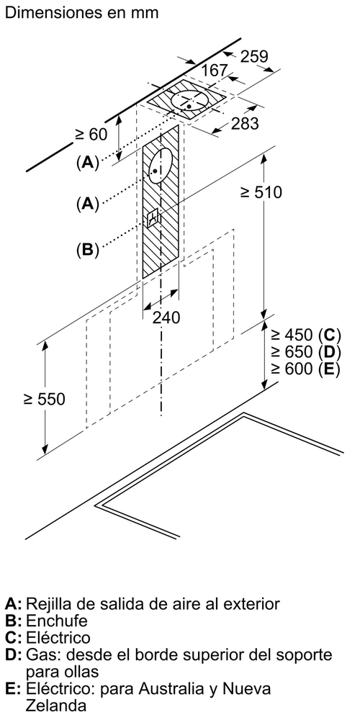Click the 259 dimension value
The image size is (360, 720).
coord(254,56)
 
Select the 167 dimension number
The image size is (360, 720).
coord(215,71)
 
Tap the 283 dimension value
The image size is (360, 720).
coord(246,123)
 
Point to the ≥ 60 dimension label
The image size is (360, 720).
coord(91,135)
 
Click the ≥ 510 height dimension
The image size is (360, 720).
coord(261,192)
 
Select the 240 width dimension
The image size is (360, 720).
coord(166,318)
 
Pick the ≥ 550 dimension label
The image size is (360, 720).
coord(44,399)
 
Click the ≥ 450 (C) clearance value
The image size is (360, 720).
coord(305,335)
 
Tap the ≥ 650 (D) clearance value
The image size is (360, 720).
coord(305,352)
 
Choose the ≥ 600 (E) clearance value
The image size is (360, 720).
coord(305,369)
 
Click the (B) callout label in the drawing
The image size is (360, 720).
coord(87,249)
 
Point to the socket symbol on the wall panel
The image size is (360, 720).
coord(153,217)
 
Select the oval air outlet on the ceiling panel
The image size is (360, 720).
coord(190,101)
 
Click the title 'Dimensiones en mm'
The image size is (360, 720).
coord(81,12)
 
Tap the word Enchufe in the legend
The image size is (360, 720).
coord(56,621)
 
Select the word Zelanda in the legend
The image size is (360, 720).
coord(56,705)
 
